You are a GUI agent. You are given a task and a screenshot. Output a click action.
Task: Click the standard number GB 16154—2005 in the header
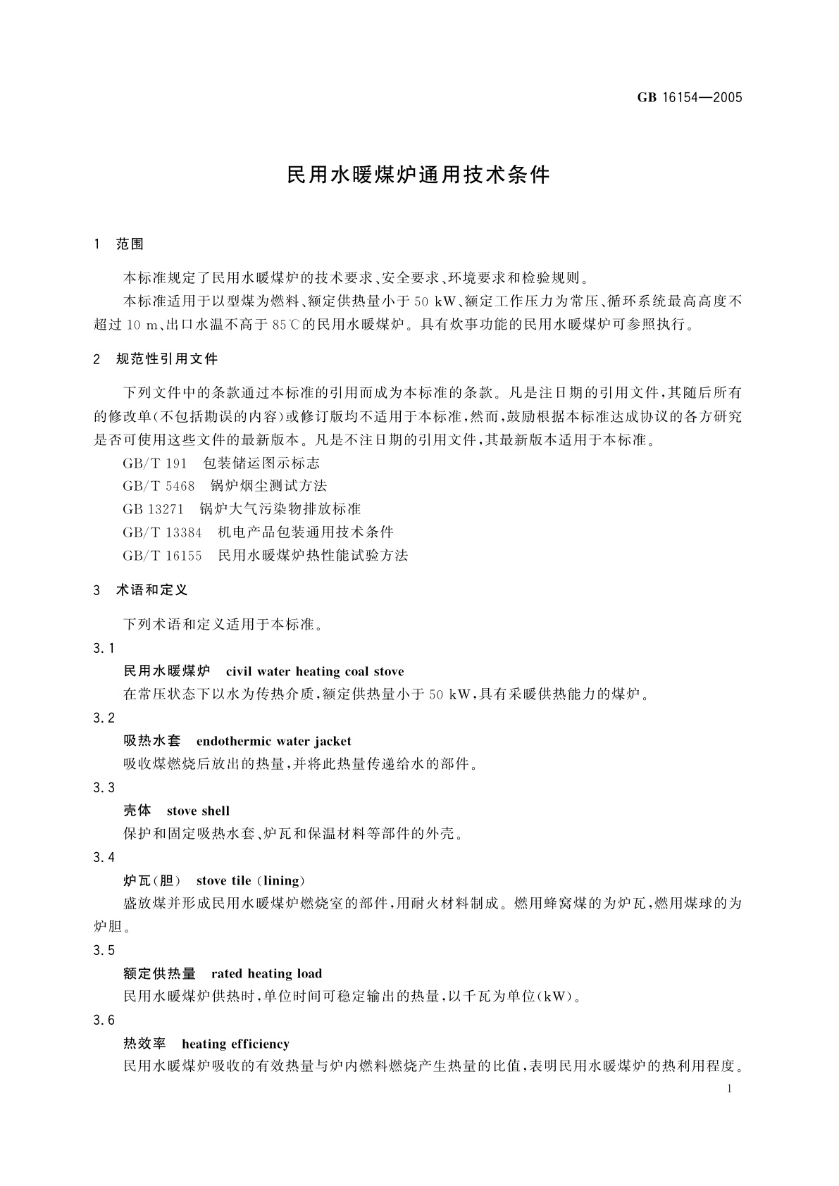point(690,98)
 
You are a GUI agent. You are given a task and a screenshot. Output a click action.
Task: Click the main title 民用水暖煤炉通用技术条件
point(418,175)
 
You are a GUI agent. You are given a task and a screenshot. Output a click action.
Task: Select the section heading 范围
point(130,244)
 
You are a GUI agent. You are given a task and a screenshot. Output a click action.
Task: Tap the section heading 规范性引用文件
point(167,359)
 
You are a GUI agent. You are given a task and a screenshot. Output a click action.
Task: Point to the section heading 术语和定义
point(151,590)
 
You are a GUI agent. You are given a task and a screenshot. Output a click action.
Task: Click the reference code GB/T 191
point(155,463)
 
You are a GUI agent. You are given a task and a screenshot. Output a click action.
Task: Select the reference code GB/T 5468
point(159,486)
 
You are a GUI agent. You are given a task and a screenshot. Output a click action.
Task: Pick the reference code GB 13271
point(153,509)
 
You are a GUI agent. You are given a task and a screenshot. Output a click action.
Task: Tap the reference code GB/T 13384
point(162,532)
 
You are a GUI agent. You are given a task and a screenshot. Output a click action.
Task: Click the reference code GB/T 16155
point(162,556)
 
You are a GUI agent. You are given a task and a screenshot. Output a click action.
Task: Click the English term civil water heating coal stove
point(315,671)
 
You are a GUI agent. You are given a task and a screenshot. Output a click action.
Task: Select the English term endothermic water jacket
point(273,741)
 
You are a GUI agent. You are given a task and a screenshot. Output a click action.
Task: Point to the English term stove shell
point(198,811)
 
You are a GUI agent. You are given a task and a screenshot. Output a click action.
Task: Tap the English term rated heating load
point(266,973)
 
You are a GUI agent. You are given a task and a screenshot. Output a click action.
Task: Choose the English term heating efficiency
point(235,1043)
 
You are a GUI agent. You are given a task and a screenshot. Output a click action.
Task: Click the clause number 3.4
point(104,857)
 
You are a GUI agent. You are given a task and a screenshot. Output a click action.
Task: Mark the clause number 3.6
point(104,1020)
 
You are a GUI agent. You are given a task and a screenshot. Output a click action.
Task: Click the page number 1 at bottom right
point(729,1089)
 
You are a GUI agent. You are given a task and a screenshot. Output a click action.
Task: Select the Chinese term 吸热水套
point(152,741)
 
